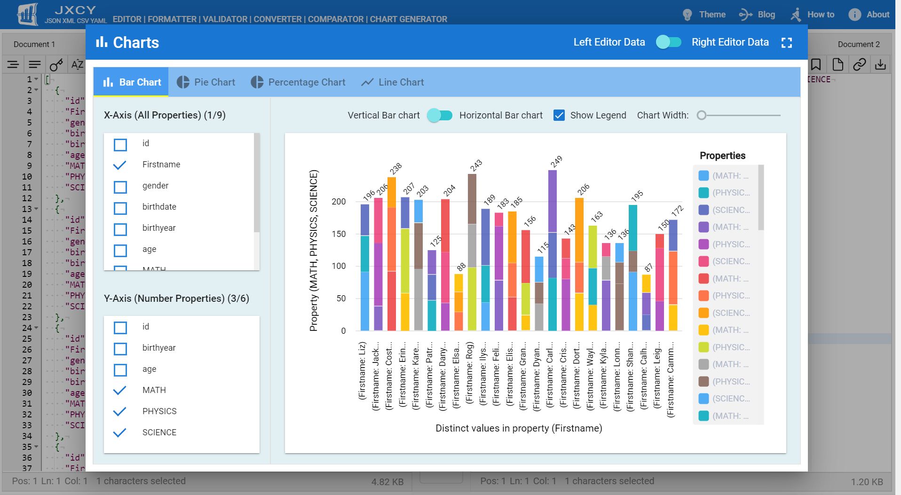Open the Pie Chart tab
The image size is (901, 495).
coord(206,82)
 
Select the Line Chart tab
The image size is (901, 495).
coord(392,82)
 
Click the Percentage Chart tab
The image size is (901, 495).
coord(298,82)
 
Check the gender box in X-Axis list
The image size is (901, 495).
coord(120,187)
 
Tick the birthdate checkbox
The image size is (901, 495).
coord(120,208)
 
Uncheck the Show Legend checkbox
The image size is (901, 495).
coord(559,115)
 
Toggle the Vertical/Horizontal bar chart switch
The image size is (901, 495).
coord(440,115)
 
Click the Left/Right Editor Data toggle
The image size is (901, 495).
coord(668,42)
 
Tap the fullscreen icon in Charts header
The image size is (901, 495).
coord(786,43)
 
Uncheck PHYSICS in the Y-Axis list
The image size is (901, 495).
coord(120,411)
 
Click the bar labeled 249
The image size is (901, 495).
coord(553,249)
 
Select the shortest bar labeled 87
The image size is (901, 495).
coord(647,303)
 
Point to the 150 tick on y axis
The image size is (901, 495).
coord(339,234)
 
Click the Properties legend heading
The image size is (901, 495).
coord(722,156)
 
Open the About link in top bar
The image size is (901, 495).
coord(869,15)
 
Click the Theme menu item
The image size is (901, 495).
coord(704,15)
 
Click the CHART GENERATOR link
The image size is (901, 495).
coord(408,19)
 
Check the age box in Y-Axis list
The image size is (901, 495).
coord(120,370)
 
